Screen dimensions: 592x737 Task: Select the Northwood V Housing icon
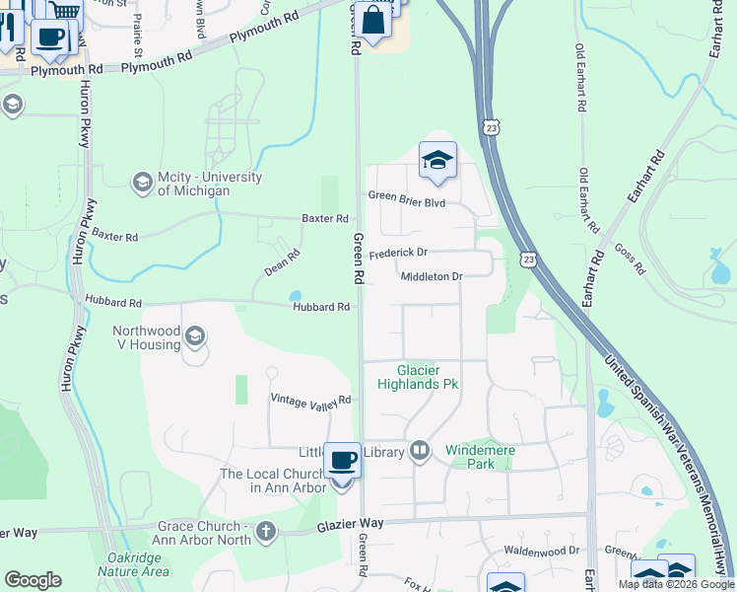point(195,337)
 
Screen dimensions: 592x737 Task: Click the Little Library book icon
point(420,452)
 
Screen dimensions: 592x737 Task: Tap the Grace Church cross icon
point(264,533)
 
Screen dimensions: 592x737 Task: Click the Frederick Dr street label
point(399,254)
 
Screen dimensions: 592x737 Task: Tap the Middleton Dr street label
point(432,276)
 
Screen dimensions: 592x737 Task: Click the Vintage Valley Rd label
point(310,400)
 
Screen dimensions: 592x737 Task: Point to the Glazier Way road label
point(350,527)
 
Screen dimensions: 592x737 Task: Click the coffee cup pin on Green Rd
point(342,461)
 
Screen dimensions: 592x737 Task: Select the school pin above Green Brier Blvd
point(437,160)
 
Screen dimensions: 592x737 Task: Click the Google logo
point(33,580)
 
